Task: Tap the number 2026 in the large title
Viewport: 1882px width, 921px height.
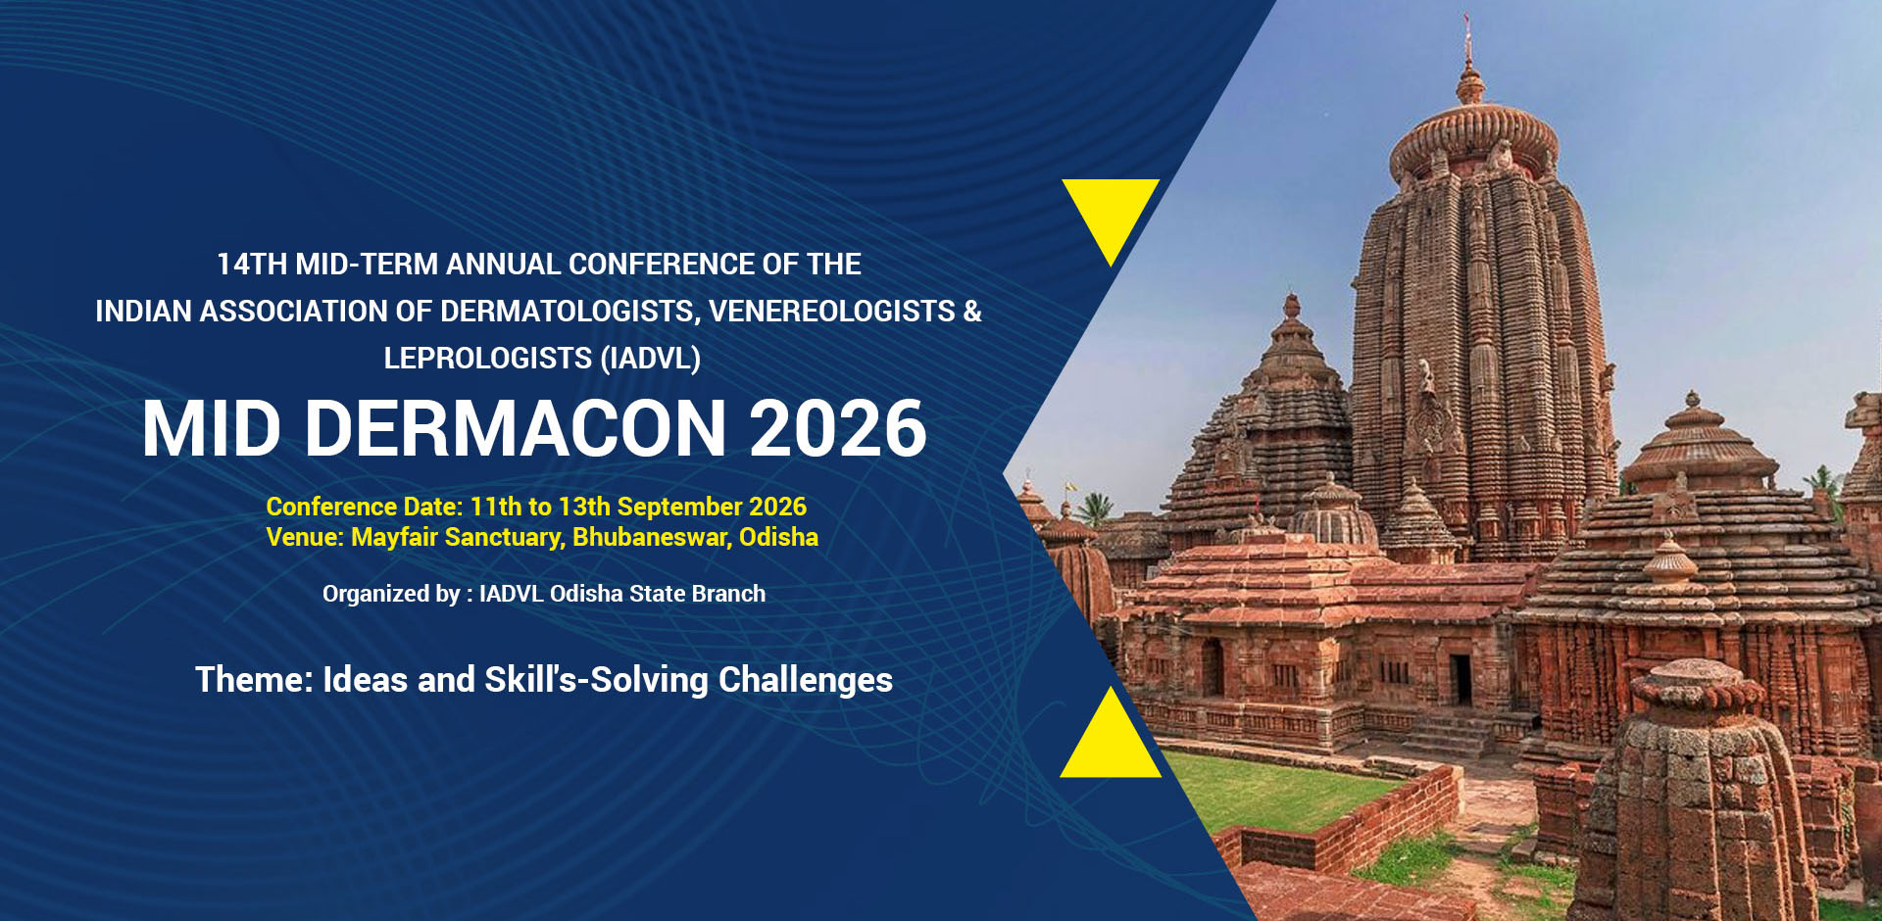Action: pyautogui.click(x=838, y=428)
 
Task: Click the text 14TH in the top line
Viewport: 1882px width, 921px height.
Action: pyautogui.click(x=252, y=265)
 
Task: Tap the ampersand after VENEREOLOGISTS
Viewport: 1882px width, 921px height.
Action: pyautogui.click(x=972, y=312)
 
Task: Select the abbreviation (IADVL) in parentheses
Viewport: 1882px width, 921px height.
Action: pyautogui.click(x=651, y=359)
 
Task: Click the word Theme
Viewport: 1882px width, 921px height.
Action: pyautogui.click(x=255, y=680)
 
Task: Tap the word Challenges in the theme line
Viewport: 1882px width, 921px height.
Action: pyautogui.click(x=806, y=680)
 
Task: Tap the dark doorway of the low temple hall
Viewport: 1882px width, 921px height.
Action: pyautogui.click(x=1461, y=678)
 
